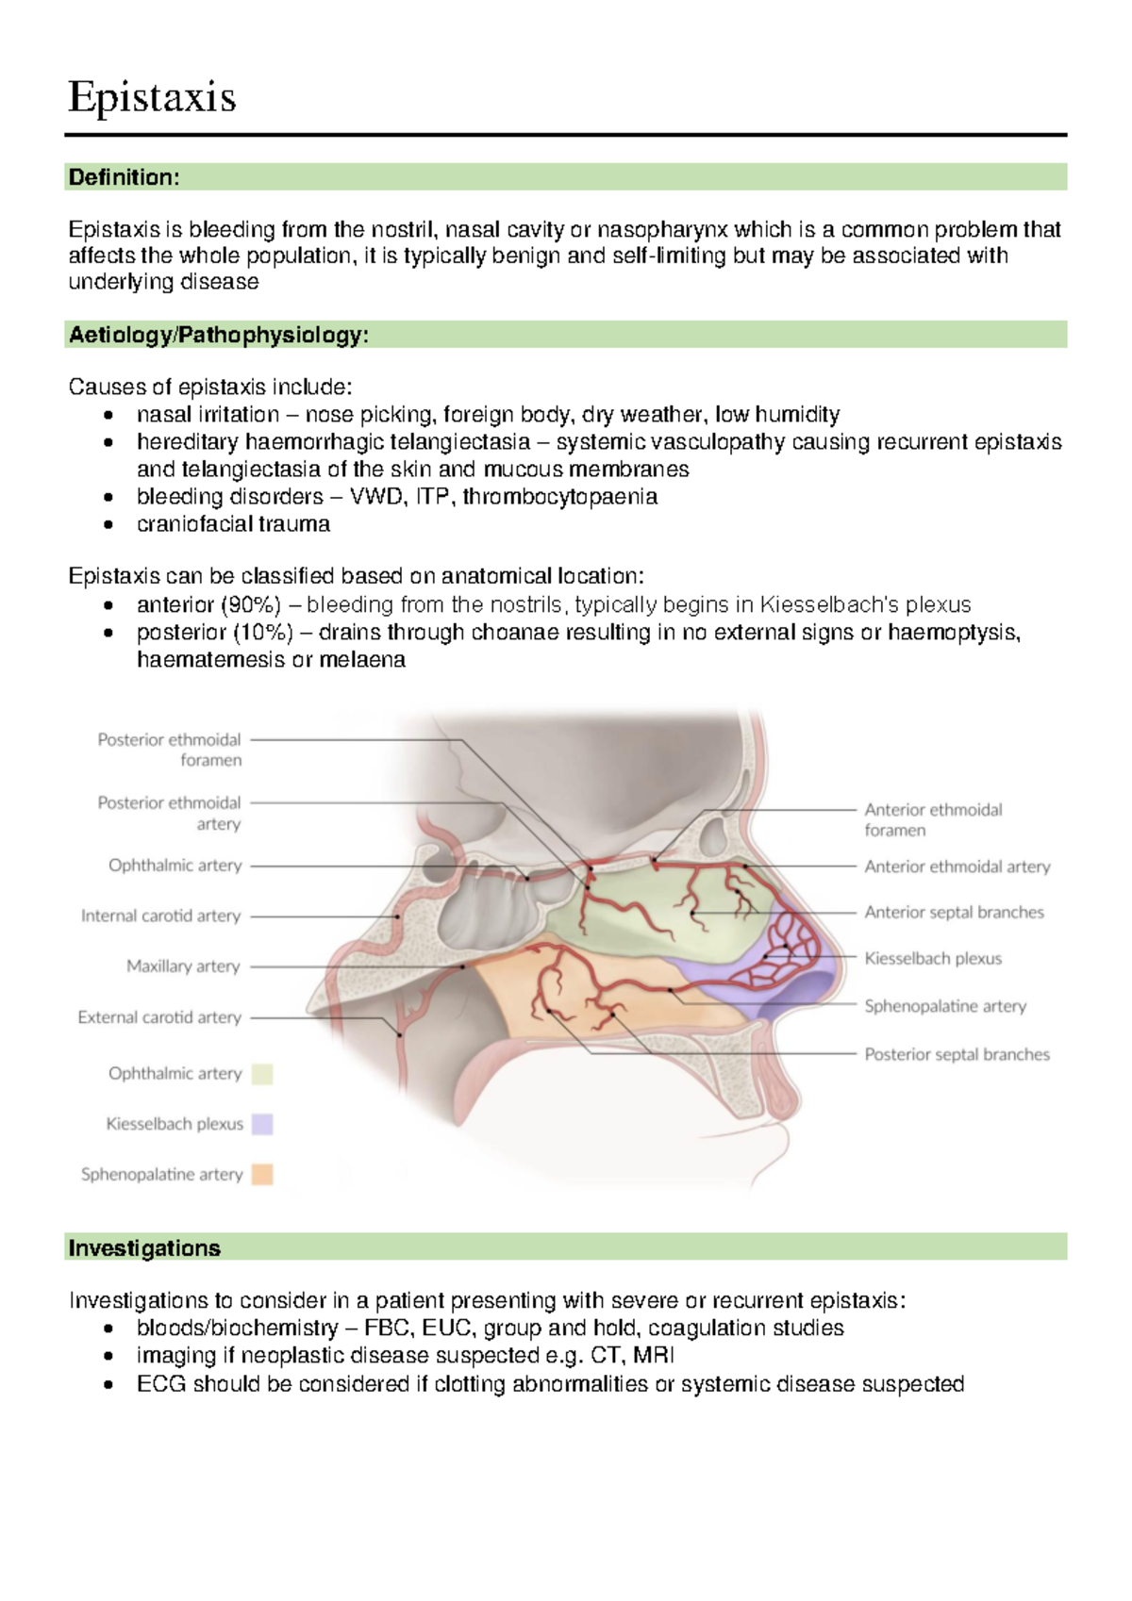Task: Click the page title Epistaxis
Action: coord(152,97)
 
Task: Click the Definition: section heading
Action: coord(124,177)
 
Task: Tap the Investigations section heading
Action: coord(144,1247)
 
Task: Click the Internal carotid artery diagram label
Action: coord(160,916)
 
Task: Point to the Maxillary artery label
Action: coord(183,966)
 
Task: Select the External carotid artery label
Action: coord(159,1017)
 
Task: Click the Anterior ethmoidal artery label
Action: coord(957,867)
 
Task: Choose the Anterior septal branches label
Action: coord(954,912)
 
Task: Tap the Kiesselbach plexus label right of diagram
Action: coord(933,958)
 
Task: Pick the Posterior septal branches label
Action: coord(957,1054)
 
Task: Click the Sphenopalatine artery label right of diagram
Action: coord(945,1006)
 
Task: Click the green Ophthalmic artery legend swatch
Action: coord(262,1074)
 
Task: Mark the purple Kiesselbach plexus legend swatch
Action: coord(262,1124)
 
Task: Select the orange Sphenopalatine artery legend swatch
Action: coord(262,1175)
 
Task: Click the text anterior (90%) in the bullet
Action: coord(208,604)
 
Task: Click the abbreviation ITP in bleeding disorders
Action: coord(432,497)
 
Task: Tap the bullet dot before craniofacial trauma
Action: coord(109,524)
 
